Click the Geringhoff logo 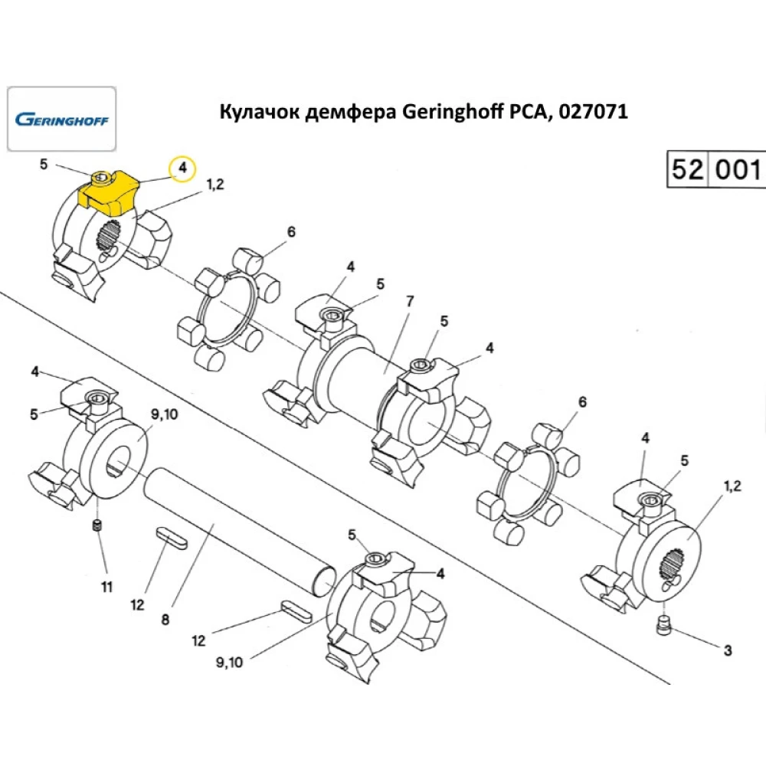61,119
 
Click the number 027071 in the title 593,112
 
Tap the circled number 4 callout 182,168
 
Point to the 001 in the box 738,169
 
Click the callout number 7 409,301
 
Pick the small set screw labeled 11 97,526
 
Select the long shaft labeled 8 237,532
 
